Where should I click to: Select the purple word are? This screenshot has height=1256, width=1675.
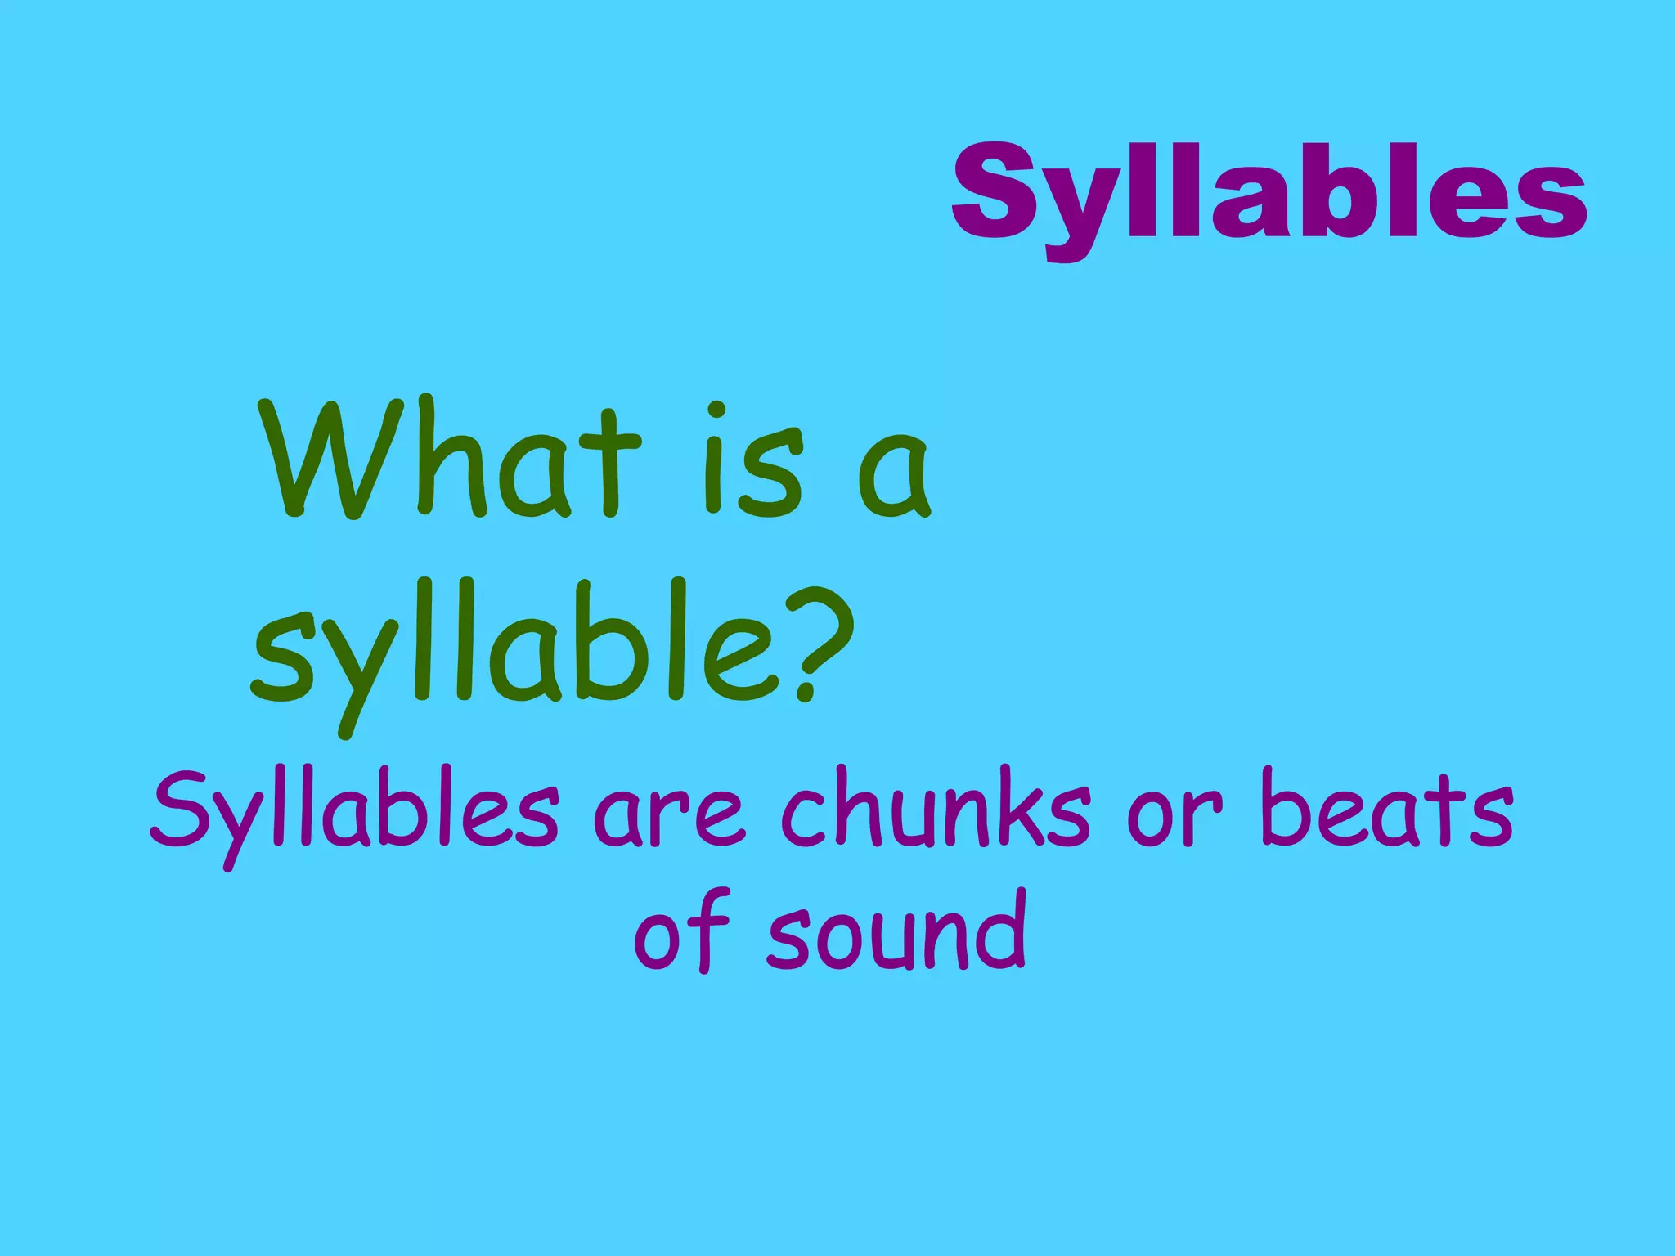point(669,818)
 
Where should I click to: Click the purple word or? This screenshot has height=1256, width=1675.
point(1174,818)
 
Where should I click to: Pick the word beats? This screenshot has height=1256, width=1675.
point(1386,810)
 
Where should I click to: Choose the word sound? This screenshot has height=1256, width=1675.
point(896,932)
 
